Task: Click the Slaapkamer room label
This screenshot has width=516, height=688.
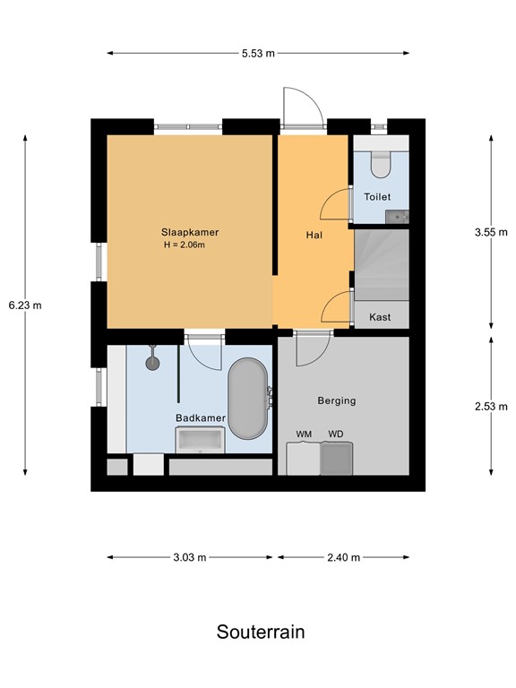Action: pyautogui.click(x=191, y=232)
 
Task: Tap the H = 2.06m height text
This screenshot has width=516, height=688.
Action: pyautogui.click(x=191, y=245)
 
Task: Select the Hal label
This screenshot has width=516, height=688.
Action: pyautogui.click(x=314, y=235)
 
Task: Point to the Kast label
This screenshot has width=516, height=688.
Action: pyautogui.click(x=380, y=317)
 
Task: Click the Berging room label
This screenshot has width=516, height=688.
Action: pyautogui.click(x=337, y=400)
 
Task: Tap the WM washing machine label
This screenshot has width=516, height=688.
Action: pyautogui.click(x=305, y=434)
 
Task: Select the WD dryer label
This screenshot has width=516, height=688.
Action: pyautogui.click(x=335, y=434)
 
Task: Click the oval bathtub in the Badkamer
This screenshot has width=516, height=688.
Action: pyautogui.click(x=247, y=399)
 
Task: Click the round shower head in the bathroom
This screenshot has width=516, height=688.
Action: pyautogui.click(x=152, y=363)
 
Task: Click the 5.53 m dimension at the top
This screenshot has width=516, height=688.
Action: pyautogui.click(x=258, y=53)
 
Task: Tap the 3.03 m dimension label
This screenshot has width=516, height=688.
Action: pyautogui.click(x=189, y=557)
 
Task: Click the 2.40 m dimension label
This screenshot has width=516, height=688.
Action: pyautogui.click(x=343, y=557)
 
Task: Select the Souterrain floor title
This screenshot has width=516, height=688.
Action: pyautogui.click(x=261, y=632)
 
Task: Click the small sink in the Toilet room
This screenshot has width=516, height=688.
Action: pyautogui.click(x=396, y=216)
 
